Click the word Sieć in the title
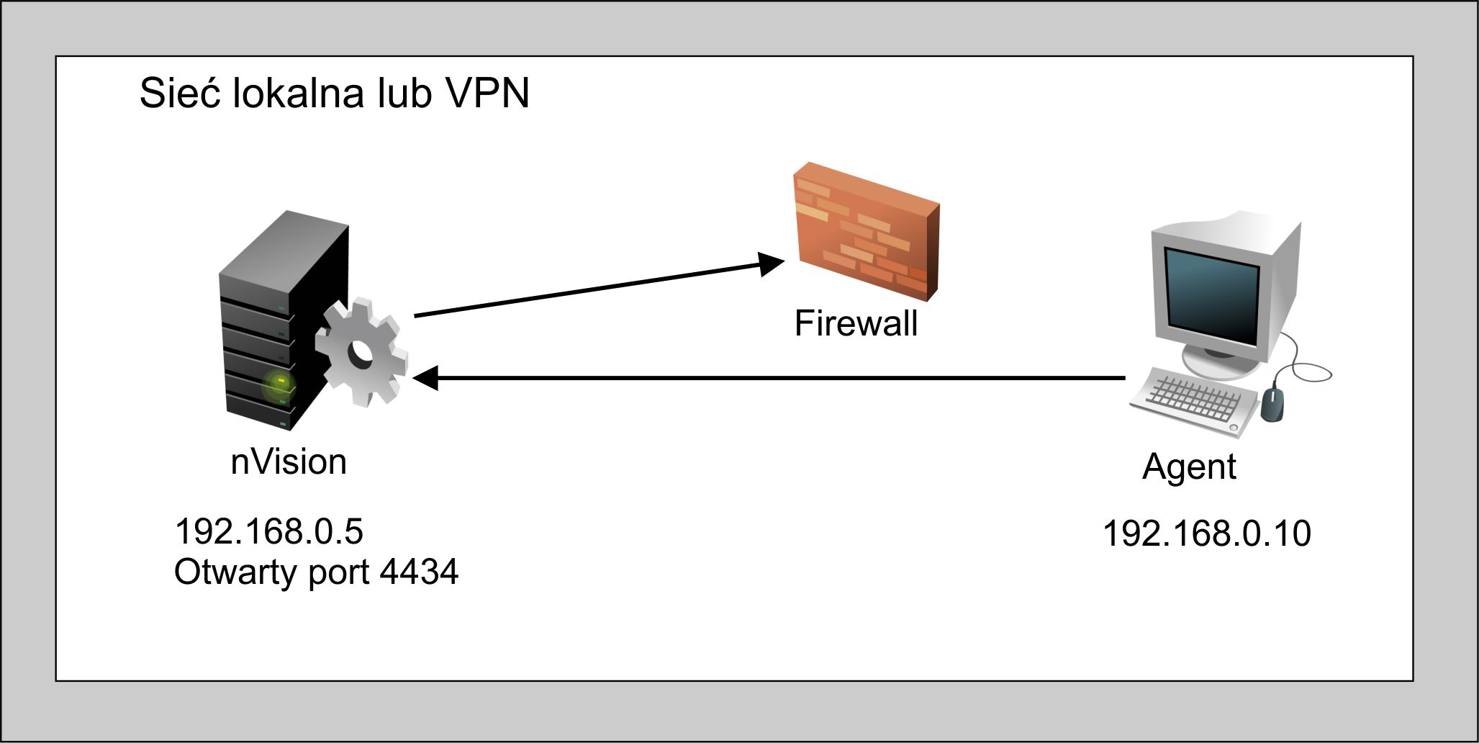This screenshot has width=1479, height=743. click(x=179, y=94)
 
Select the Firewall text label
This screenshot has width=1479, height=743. click(x=855, y=323)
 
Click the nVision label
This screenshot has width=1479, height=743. click(x=289, y=462)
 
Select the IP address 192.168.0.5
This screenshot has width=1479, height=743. click(x=268, y=532)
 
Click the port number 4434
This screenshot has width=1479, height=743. click(x=419, y=572)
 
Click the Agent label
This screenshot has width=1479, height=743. click(x=1189, y=467)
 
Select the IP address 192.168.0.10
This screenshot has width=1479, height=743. click(x=1206, y=533)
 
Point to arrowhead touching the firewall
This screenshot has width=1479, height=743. click(x=772, y=264)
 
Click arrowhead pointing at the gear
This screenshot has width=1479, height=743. click(x=425, y=378)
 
